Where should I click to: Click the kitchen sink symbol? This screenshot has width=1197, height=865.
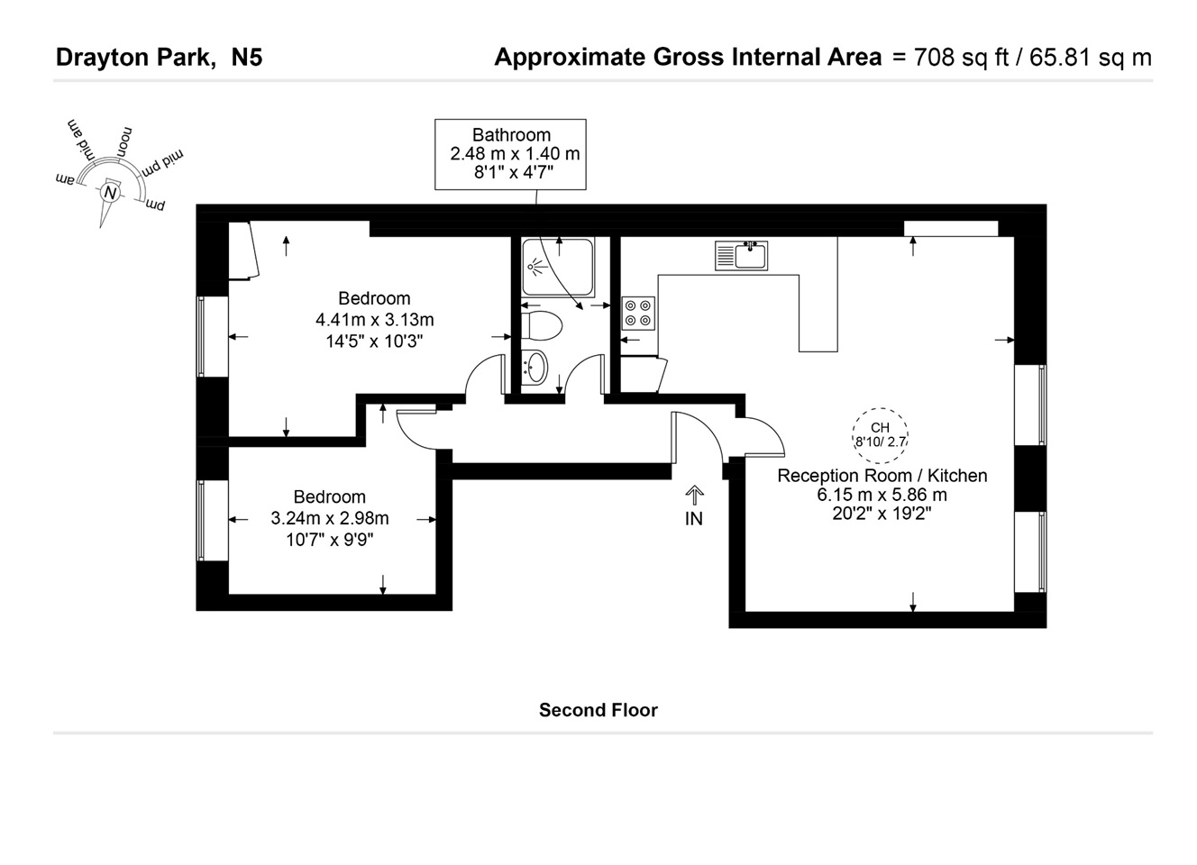click(741, 255)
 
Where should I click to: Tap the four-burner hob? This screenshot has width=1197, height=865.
click(638, 313)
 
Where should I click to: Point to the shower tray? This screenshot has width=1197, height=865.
click(557, 267)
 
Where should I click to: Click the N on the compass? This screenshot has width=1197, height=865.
click(110, 193)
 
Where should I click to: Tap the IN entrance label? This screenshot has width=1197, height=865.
click(693, 518)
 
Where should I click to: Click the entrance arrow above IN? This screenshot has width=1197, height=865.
click(694, 495)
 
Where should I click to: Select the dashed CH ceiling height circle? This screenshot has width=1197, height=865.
click(880, 434)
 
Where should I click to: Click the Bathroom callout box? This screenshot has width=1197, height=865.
click(510, 154)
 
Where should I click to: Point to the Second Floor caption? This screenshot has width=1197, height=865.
click(598, 710)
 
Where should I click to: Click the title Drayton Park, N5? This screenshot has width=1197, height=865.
click(160, 58)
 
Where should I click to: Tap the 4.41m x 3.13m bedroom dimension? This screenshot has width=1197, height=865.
click(374, 320)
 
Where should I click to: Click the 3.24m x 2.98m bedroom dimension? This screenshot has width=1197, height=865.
click(330, 518)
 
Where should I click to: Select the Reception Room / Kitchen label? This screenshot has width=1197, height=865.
click(882, 476)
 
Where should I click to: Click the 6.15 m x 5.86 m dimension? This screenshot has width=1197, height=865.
click(882, 495)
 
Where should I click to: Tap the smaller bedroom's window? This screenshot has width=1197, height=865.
click(202, 520)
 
